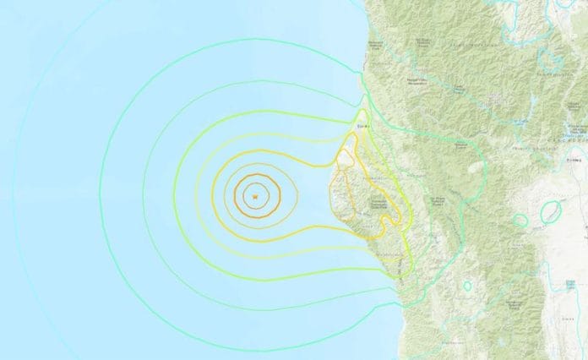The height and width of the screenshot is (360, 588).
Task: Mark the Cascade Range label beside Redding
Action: tap(578, 127)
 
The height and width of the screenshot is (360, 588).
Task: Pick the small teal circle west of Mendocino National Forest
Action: tap(467, 286)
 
